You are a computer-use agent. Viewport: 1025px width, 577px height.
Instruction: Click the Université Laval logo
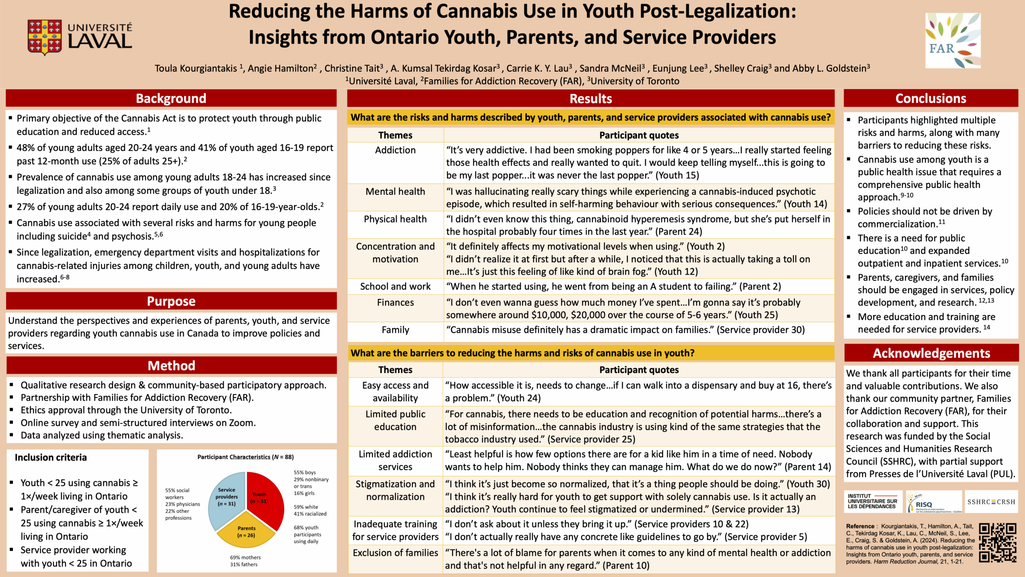tap(80, 37)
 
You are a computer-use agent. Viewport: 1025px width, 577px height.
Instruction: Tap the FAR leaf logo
tap(953, 40)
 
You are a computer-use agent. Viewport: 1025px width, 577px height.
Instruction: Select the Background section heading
tap(171, 99)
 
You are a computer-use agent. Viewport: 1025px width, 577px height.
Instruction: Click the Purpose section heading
tap(171, 301)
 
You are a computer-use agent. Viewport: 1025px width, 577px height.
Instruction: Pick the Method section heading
tap(171, 365)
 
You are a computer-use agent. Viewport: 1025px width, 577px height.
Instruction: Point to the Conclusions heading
tap(931, 99)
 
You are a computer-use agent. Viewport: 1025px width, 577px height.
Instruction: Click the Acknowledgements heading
tap(931, 353)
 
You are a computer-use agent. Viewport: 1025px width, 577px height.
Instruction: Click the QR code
tap(997, 543)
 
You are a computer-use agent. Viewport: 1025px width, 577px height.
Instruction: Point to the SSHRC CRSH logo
tap(991, 502)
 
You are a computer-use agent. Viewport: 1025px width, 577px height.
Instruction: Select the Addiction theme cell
tap(395, 150)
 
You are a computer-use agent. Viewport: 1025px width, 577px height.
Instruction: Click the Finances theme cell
tap(395, 303)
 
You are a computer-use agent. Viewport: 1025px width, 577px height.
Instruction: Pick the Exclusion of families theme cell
tap(395, 553)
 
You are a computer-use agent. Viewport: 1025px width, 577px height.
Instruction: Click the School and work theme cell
tap(395, 286)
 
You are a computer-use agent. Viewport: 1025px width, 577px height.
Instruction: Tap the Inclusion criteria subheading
tap(51, 458)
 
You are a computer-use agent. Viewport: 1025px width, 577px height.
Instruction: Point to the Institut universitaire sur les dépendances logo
tap(873, 501)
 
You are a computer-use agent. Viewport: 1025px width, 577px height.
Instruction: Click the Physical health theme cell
tap(395, 219)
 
